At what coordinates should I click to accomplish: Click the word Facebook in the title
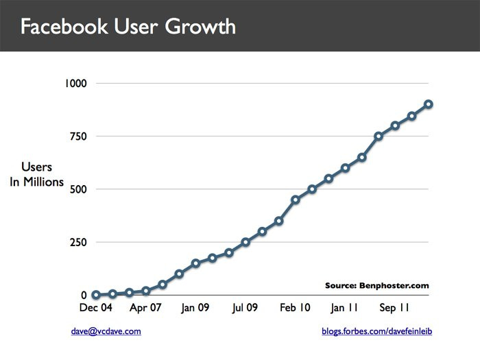[x=62, y=27]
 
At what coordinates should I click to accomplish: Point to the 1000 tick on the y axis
[x=77, y=83]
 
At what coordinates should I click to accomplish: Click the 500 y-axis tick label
[x=79, y=189]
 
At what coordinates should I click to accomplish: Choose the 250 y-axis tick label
[x=79, y=243]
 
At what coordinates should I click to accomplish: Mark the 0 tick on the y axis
[x=84, y=296]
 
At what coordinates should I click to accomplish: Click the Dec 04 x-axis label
[x=95, y=309]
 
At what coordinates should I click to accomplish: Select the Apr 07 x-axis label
[x=145, y=309]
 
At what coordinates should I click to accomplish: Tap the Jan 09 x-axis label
[x=195, y=309]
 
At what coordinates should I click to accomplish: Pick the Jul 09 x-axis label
[x=244, y=309]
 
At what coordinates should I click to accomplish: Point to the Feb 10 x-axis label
[x=295, y=309]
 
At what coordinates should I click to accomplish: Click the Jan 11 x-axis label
[x=344, y=309]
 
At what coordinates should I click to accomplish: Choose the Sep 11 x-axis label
[x=394, y=309]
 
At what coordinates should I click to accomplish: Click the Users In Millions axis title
[x=37, y=175]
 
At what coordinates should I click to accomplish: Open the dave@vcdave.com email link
[x=106, y=331]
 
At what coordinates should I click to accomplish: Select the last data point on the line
[x=428, y=104]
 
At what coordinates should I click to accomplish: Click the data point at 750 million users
[x=379, y=136]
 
